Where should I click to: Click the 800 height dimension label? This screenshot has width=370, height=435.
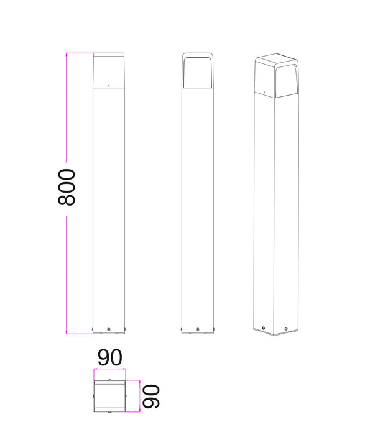coord(67,187)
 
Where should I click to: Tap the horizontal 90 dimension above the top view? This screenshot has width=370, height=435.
coord(110,357)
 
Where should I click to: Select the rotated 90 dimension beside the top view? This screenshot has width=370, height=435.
coord(150,396)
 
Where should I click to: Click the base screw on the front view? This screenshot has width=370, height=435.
coord(109,329)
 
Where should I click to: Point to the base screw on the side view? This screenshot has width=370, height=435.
coord(197,329)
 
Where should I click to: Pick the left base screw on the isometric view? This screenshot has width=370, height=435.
coord(264,328)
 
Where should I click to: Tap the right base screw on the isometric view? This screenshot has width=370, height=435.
coord(286,329)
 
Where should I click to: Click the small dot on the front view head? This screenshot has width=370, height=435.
coord(109,85)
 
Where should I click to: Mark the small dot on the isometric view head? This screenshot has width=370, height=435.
coord(264,92)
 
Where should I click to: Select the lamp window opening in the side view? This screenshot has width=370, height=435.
coord(197,72)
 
